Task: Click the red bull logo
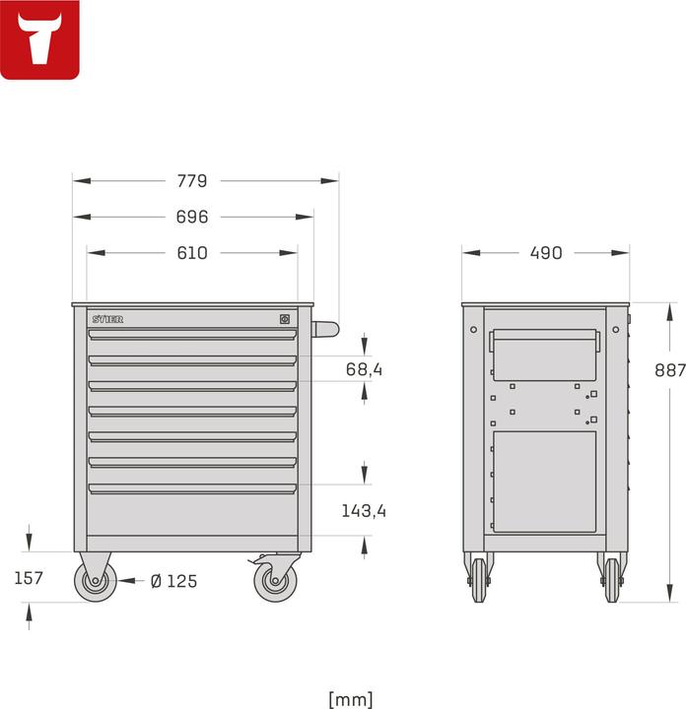pos(40,39)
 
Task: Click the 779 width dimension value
pos(192,181)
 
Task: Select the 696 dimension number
pos(192,217)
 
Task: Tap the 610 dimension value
pos(192,253)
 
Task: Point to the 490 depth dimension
pos(545,253)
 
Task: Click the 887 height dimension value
pos(669,370)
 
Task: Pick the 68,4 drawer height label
pos(364,369)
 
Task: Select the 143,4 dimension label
pos(364,510)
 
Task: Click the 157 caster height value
pos(29,578)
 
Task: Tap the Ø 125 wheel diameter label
pos(173,581)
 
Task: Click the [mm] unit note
pos(350,699)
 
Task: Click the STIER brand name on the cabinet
pos(107,319)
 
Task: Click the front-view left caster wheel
pos(97,582)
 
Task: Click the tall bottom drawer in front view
pos(192,512)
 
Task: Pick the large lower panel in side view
pos(545,482)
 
